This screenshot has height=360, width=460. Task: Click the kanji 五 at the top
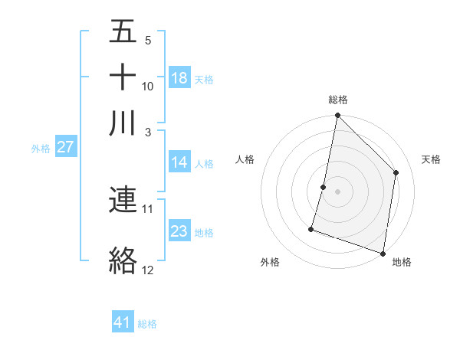coord(123,33)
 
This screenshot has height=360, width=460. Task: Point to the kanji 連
coord(123,200)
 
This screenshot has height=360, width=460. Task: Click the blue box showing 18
coord(179,78)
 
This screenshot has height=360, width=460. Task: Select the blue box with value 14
coord(179,162)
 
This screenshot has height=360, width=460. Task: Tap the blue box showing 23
coord(179,231)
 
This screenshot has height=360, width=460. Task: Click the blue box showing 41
coord(123,322)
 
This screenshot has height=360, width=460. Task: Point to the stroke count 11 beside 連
coord(148,208)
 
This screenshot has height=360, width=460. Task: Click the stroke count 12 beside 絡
coord(148,270)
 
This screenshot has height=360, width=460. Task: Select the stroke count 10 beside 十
coord(148,86)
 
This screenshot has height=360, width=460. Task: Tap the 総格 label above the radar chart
coord(337,100)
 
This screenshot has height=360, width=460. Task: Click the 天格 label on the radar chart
coord(431,159)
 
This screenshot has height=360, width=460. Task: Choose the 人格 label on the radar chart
coord(245,159)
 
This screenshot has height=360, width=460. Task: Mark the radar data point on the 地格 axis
coord(383,253)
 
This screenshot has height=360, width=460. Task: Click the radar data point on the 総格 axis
coord(337,116)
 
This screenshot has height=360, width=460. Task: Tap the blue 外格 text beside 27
coord(41,149)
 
